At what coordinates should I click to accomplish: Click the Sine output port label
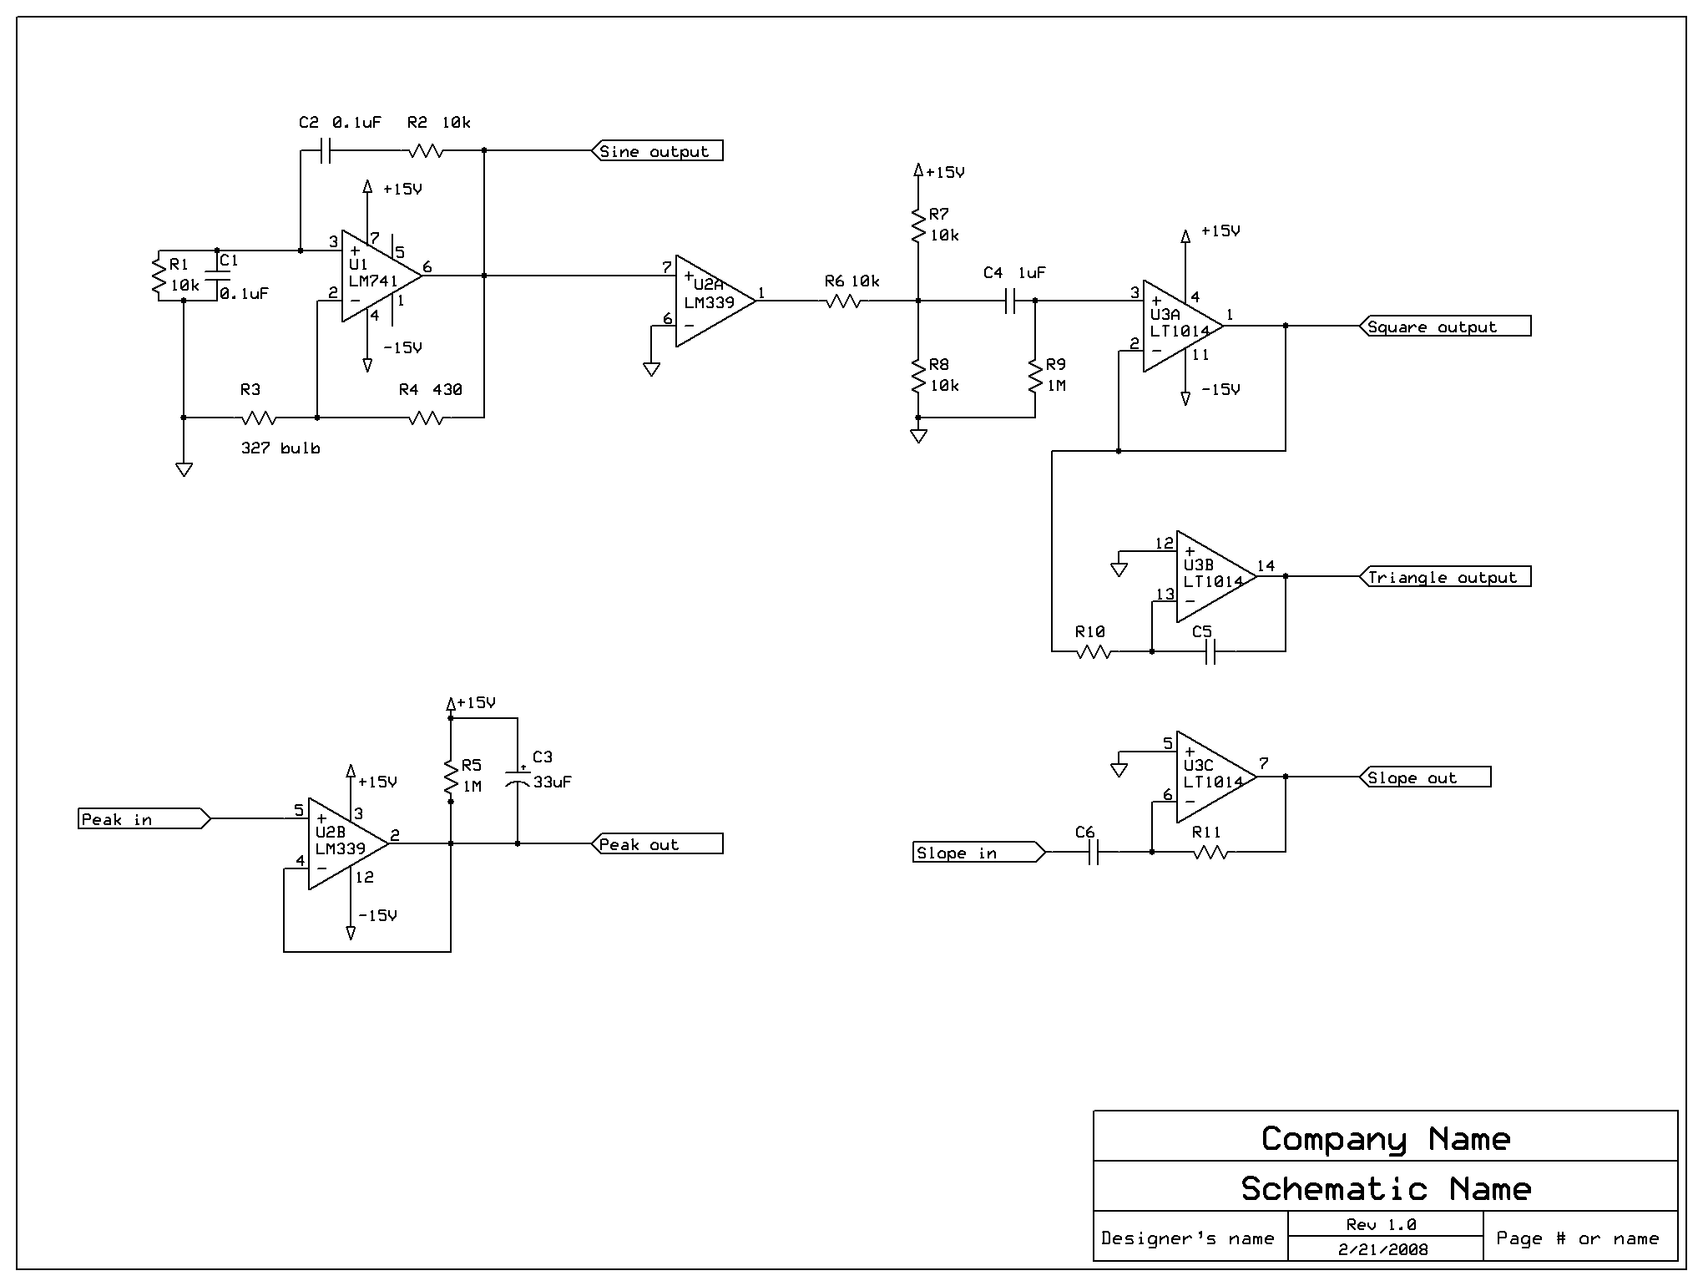658,151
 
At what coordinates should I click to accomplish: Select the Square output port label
1445,327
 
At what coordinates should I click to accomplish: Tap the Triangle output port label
1445,577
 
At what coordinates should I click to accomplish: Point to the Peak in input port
144,819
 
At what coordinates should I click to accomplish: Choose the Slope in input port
979,853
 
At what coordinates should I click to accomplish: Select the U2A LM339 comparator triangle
716,301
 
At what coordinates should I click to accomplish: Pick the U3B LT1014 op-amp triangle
1217,576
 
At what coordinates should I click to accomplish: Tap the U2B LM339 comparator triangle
349,843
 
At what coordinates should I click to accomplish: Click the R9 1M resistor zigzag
1035,377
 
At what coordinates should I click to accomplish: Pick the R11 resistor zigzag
1210,853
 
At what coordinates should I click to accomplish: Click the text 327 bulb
280,448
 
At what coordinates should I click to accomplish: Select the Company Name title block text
1386,1139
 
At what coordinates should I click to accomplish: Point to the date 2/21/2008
1383,1250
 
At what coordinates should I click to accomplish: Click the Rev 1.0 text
1381,1225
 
